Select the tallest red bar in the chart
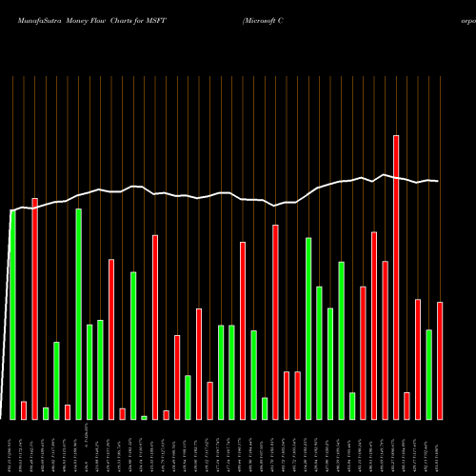(396, 276)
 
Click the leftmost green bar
(13, 314)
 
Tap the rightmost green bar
(429, 374)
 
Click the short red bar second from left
(24, 410)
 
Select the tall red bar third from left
(35, 308)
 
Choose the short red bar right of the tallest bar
(407, 406)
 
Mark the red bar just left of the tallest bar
(386, 340)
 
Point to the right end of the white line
(438, 181)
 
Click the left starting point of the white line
(11, 210)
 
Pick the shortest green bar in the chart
(144, 417)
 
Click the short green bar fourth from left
(46, 413)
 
